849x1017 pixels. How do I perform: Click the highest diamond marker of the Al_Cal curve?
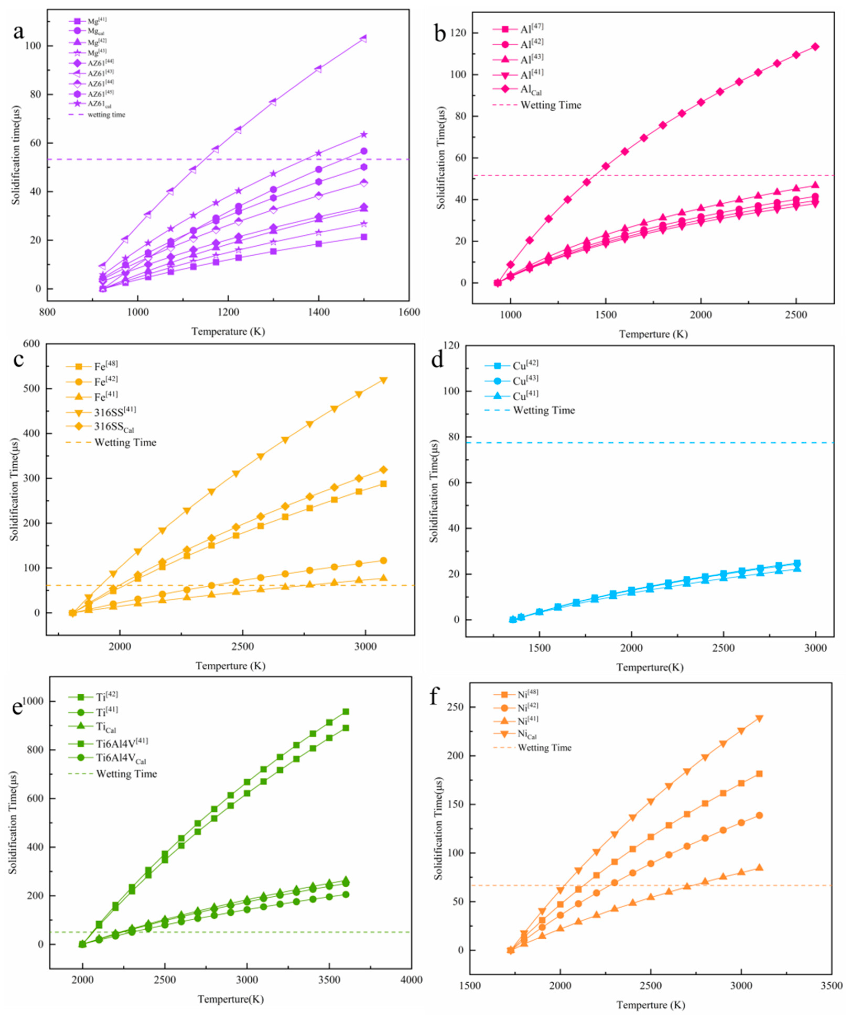click(x=815, y=47)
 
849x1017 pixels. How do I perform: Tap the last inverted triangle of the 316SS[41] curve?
click(x=383, y=380)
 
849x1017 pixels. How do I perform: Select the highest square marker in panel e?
click(x=345, y=711)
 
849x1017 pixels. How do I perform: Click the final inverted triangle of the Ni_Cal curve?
click(x=759, y=719)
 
